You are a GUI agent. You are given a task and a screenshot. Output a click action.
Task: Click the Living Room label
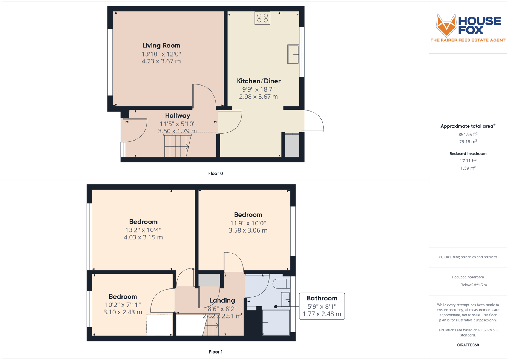(x=161, y=46)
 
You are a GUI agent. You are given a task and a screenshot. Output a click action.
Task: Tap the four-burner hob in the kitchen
(x=262, y=18)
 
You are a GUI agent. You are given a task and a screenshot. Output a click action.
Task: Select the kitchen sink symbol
(x=293, y=55)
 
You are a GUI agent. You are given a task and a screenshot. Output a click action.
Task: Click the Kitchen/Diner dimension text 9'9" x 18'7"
(x=258, y=89)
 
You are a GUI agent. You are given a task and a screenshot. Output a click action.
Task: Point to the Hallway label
(x=177, y=116)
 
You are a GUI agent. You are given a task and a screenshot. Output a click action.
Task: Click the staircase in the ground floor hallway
(x=177, y=146)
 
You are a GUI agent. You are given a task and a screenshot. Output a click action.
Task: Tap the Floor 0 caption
(x=215, y=173)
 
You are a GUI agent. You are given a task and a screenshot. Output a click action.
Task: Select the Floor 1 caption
(x=215, y=352)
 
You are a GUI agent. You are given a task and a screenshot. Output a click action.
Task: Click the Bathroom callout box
(x=322, y=306)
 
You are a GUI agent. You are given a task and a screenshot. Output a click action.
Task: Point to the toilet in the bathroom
(x=281, y=283)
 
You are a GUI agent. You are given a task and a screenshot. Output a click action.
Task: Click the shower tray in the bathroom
(x=276, y=322)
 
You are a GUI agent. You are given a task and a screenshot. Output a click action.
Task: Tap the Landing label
(x=222, y=300)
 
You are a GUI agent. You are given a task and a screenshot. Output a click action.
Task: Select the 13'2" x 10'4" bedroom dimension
(x=143, y=230)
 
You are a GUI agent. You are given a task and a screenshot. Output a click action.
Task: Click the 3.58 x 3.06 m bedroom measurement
(x=248, y=230)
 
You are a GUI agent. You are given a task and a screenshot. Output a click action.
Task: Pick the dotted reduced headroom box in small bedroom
(x=159, y=325)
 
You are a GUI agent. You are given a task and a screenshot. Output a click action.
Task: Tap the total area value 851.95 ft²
(x=468, y=135)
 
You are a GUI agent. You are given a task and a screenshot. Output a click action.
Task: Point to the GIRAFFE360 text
(x=468, y=345)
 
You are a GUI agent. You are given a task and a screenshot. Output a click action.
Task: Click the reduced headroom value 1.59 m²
(x=468, y=168)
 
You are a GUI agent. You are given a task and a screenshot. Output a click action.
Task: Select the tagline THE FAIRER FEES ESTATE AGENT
(x=468, y=40)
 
